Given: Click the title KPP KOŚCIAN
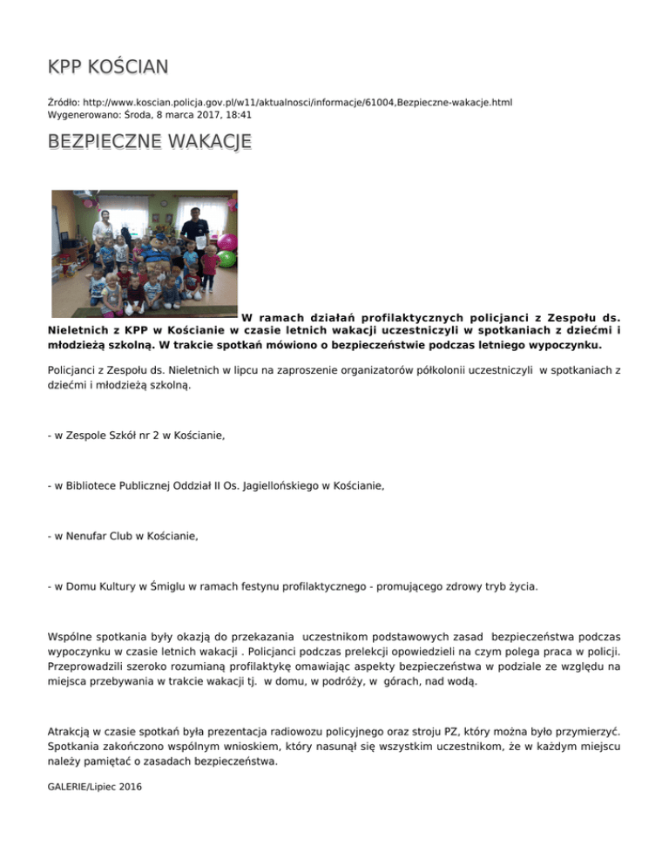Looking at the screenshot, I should [109, 67].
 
